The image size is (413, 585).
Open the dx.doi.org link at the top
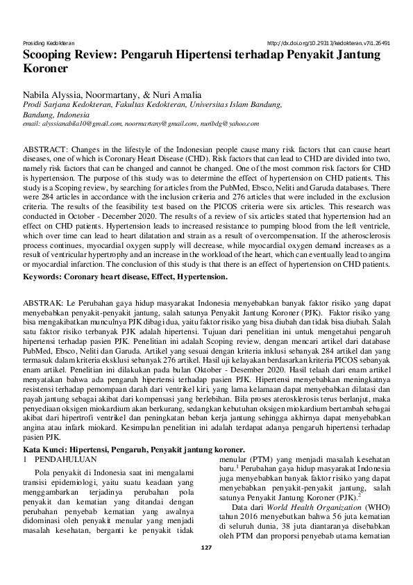(x=328, y=42)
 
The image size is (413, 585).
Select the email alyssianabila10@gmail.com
(x=72, y=123)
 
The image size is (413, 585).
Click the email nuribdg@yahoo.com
(x=230, y=123)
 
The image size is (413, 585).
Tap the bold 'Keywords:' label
(x=46, y=277)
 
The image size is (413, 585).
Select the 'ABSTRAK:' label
(x=44, y=304)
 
